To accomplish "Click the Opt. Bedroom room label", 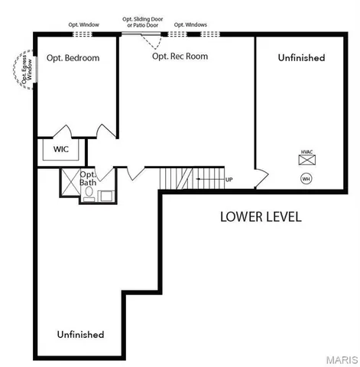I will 73,58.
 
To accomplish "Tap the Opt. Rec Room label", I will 180,56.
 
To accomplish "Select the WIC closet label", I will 61,149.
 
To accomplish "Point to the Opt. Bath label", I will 88,177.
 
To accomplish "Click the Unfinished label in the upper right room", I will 301,58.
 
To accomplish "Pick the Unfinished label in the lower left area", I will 80,335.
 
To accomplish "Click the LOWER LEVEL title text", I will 261,216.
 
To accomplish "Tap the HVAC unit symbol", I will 306,160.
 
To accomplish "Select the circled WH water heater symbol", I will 306,179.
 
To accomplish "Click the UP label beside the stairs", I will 229,180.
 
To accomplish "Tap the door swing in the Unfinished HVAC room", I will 261,178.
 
